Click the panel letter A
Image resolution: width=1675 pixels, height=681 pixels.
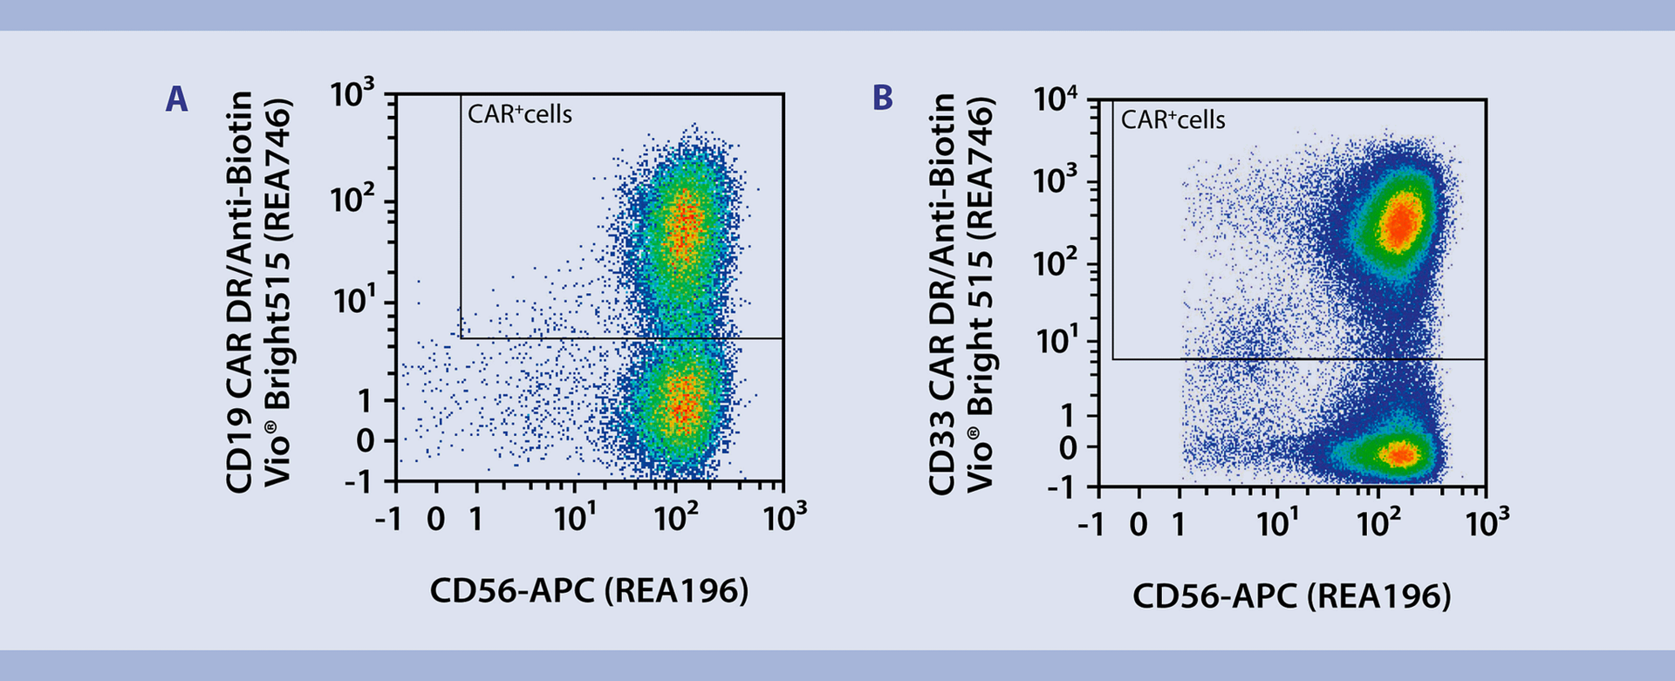tap(176, 99)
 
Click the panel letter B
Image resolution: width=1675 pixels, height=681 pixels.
tap(882, 98)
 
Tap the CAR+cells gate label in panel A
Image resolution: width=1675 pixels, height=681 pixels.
tap(520, 114)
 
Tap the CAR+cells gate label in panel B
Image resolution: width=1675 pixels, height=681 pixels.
tap(1172, 119)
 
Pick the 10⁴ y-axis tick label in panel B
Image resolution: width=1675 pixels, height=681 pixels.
tap(1056, 99)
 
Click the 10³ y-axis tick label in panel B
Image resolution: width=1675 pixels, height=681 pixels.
tap(1056, 181)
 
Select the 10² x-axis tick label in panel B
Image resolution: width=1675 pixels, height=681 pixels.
tap(1378, 523)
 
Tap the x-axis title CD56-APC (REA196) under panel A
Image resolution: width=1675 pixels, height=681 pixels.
tap(589, 590)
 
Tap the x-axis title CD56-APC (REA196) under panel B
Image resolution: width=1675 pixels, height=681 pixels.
tap(1291, 596)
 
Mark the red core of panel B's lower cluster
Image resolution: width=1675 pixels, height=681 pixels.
tap(1399, 453)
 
